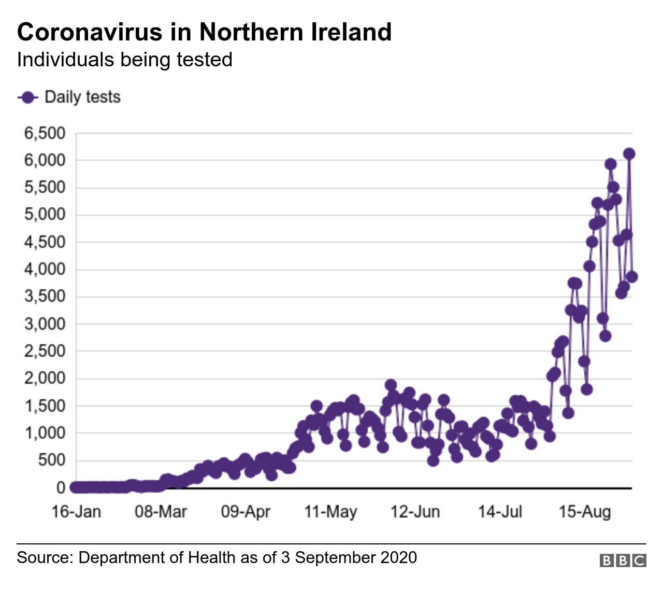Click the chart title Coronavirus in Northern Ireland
204,32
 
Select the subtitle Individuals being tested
124,60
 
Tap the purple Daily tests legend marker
28,97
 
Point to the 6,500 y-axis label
45,133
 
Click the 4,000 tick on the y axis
45,269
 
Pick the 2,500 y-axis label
45,351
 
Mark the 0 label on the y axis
61,487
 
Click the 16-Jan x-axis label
76,512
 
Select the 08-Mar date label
161,512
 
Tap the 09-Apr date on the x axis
246,512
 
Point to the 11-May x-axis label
330,512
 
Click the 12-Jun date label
415,512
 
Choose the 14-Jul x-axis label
500,512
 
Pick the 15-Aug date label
585,512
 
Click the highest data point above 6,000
629,153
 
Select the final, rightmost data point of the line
632,277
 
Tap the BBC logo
623,560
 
